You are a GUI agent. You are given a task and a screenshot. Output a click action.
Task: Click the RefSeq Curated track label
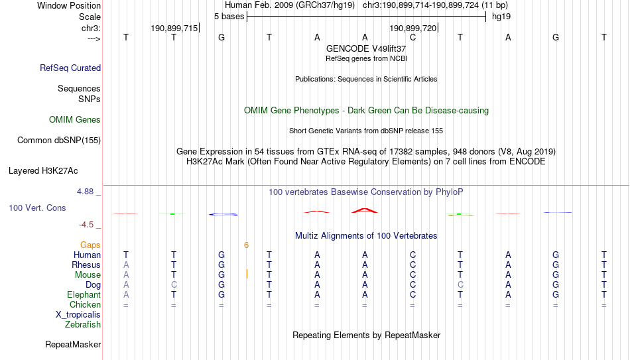(70, 68)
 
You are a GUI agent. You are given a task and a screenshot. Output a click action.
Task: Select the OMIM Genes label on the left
(75, 120)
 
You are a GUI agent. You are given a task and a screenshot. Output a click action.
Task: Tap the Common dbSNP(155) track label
(59, 141)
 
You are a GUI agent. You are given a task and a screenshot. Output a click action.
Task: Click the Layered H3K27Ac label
(43, 171)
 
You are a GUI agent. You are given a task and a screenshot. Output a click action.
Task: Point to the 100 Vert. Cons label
(37, 208)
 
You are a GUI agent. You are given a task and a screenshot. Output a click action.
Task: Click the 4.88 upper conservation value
(85, 192)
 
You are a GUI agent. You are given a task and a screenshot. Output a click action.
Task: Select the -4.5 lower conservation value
(86, 225)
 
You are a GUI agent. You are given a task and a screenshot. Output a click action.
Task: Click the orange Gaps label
(90, 245)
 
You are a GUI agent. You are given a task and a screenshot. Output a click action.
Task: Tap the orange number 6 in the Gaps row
(246, 245)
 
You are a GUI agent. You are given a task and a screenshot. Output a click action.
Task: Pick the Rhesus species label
(86, 265)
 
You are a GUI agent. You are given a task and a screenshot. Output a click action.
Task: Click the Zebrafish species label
(83, 324)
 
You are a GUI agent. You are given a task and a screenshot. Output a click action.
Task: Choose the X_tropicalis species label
(78, 315)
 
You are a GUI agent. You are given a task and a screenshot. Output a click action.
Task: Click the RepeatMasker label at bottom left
(73, 344)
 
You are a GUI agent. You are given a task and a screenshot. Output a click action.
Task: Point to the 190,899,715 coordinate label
(174, 28)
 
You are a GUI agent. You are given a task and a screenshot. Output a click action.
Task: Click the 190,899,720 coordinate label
(413, 28)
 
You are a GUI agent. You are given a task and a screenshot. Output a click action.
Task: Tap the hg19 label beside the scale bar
(501, 17)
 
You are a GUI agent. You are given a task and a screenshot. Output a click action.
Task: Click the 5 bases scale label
(229, 17)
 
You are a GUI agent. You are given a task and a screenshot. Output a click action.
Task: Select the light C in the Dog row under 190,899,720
(460, 284)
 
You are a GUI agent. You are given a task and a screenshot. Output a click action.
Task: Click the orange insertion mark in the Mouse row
(247, 274)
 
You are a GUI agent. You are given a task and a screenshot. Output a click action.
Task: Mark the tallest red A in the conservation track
(365, 210)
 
